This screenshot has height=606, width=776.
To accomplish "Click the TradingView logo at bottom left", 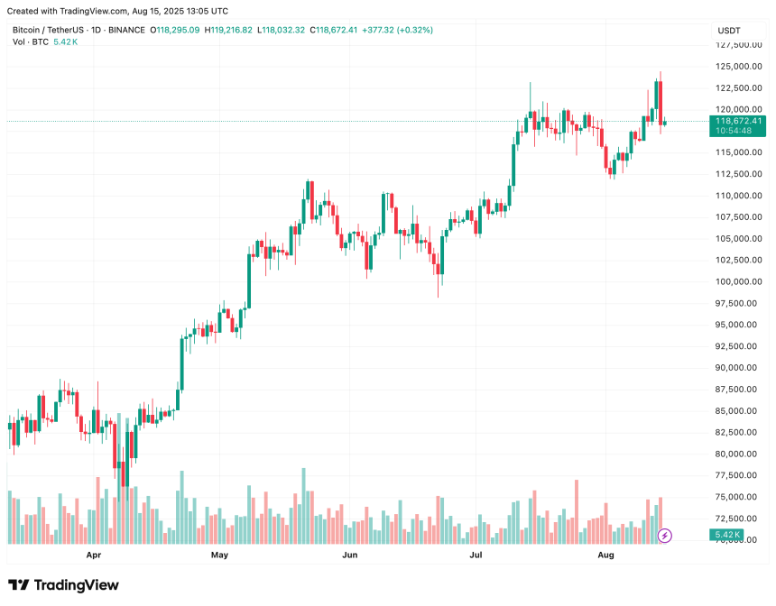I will coord(63,585).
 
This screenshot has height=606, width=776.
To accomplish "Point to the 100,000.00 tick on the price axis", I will coord(736,281).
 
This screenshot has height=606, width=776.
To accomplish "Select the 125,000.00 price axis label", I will coord(736,67).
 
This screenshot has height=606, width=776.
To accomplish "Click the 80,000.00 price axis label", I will coord(736,454).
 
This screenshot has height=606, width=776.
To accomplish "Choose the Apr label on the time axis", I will coord(92,556).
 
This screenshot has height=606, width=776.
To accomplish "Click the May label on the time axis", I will coord(220,556).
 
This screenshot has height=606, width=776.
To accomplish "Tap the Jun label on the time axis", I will coord(347,556).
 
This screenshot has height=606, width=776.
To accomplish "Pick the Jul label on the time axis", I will coord(475,556).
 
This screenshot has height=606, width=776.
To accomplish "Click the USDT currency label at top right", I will coord(728,30).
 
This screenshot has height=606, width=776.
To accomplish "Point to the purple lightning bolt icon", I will coord(665,536).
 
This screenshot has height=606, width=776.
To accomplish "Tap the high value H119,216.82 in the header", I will coord(229,30).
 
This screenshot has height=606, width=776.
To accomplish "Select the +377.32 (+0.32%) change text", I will coord(398,30).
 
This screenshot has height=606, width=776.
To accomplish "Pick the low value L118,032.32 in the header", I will coord(282,30).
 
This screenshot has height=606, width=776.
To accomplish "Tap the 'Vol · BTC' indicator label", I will coord(30,42).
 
